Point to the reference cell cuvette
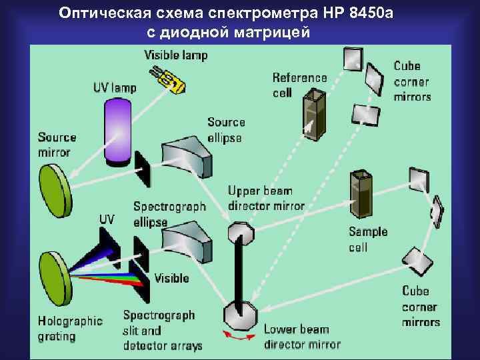(x=311, y=116)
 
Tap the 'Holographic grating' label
(x=70, y=328)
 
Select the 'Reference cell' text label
(x=299, y=85)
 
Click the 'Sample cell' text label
(x=368, y=239)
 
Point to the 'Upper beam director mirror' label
(x=266, y=198)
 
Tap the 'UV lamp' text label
(x=114, y=87)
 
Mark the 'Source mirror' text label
(x=57, y=144)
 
